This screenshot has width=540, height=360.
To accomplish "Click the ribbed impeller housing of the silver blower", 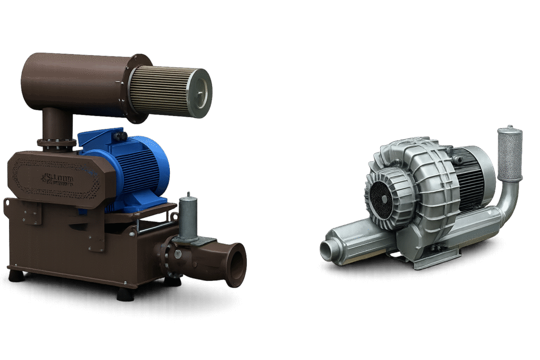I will point(422,179).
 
